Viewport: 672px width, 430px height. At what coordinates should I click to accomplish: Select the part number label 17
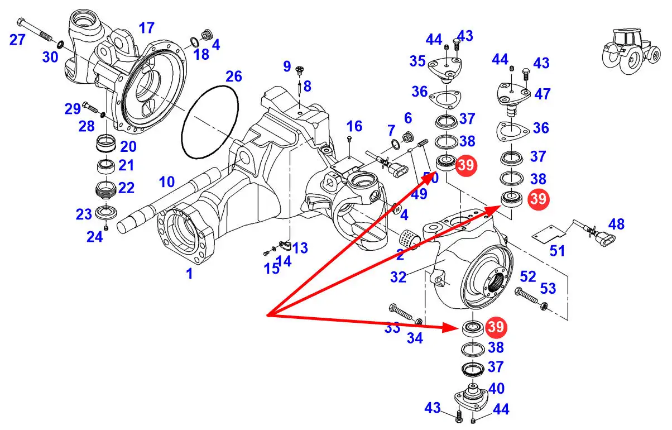tap(146, 28)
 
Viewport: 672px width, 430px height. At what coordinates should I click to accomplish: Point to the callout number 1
tap(189, 274)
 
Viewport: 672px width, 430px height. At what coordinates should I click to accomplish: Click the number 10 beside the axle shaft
tap(167, 182)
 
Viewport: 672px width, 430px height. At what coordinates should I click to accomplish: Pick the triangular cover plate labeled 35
tap(444, 68)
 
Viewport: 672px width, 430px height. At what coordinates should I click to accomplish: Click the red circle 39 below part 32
tap(496, 327)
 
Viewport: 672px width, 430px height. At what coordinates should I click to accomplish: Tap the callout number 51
tap(558, 251)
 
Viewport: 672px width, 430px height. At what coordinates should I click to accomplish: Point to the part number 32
tap(398, 277)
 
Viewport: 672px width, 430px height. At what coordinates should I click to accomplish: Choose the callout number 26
tap(233, 76)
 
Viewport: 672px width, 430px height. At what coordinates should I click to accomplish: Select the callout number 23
tap(84, 214)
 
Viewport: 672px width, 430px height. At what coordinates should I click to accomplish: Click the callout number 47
tap(541, 94)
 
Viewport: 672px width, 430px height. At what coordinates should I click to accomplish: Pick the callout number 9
tap(287, 67)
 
